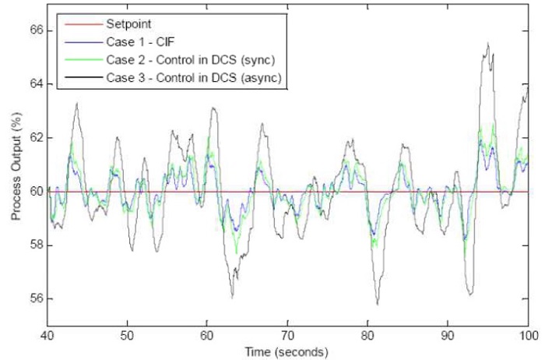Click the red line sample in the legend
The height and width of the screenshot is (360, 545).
tap(76, 23)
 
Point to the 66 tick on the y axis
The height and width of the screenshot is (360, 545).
tap(34, 30)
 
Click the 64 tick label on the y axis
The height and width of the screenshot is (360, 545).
tap(34, 84)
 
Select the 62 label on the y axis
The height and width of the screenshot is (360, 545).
tap(34, 137)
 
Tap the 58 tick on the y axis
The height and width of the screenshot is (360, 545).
tap(34, 245)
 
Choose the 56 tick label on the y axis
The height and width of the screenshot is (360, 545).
tap(34, 298)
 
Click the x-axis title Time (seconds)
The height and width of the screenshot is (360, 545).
tap(288, 351)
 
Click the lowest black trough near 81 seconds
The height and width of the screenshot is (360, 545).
tap(377, 304)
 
